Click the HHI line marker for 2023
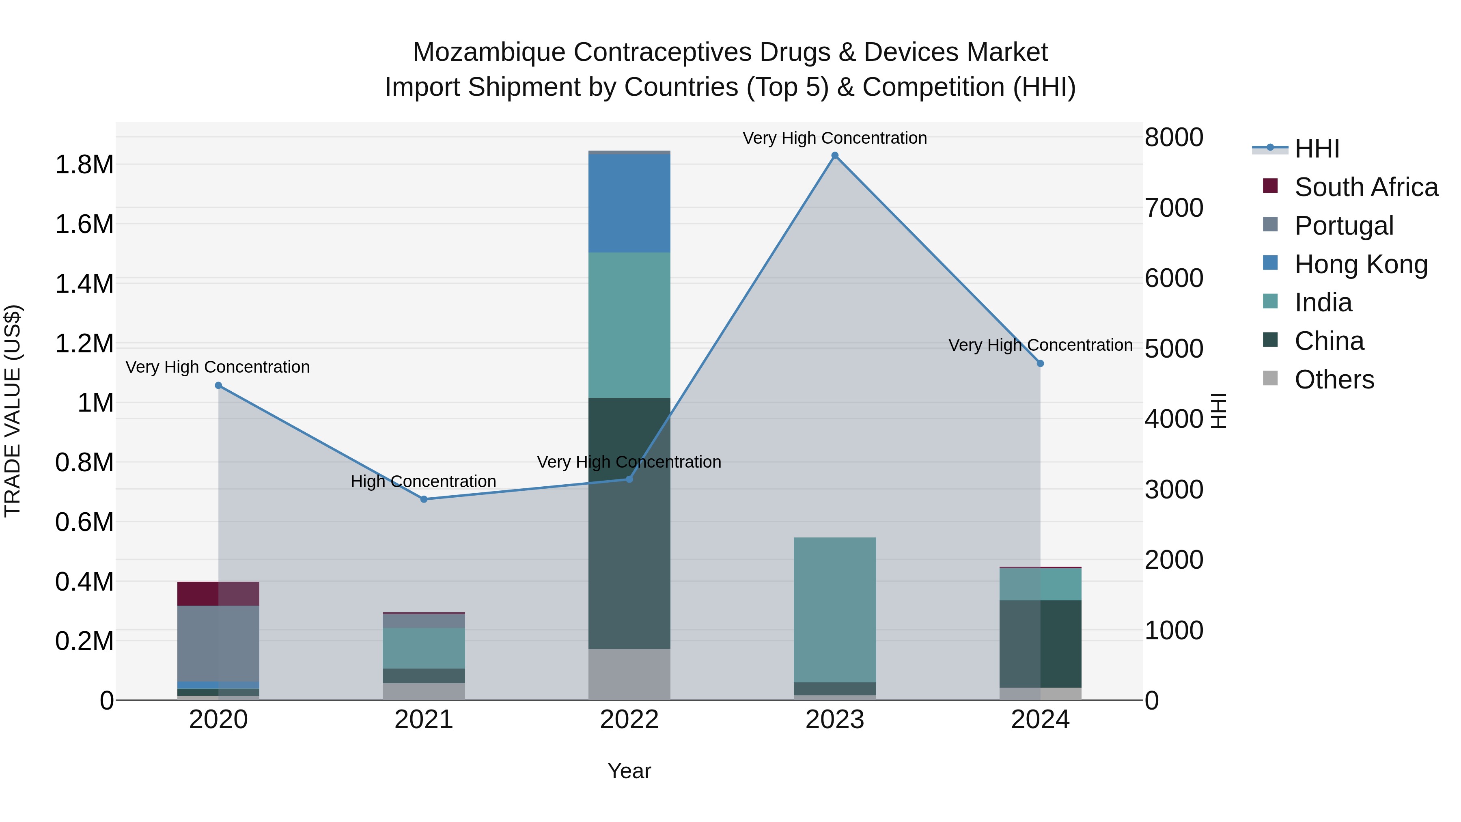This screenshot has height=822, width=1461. click(834, 155)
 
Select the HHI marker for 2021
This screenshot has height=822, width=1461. click(424, 499)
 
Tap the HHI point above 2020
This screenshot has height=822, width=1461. click(218, 386)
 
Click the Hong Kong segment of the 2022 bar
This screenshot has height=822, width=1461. click(629, 203)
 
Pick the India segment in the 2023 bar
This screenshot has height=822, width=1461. click(834, 610)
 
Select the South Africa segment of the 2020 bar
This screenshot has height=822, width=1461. click(218, 593)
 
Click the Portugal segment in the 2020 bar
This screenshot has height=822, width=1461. click(218, 643)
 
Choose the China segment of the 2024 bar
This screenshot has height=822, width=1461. click(1040, 644)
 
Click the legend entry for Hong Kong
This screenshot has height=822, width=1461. click(1361, 264)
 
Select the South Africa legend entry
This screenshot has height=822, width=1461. click(1366, 187)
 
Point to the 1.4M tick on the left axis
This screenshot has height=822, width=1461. click(84, 284)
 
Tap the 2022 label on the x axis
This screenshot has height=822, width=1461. click(629, 720)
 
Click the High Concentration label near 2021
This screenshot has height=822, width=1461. click(423, 481)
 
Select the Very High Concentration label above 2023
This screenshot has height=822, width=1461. click(834, 138)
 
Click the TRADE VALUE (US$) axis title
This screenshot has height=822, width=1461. click(13, 411)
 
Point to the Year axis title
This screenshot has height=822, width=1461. click(629, 771)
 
